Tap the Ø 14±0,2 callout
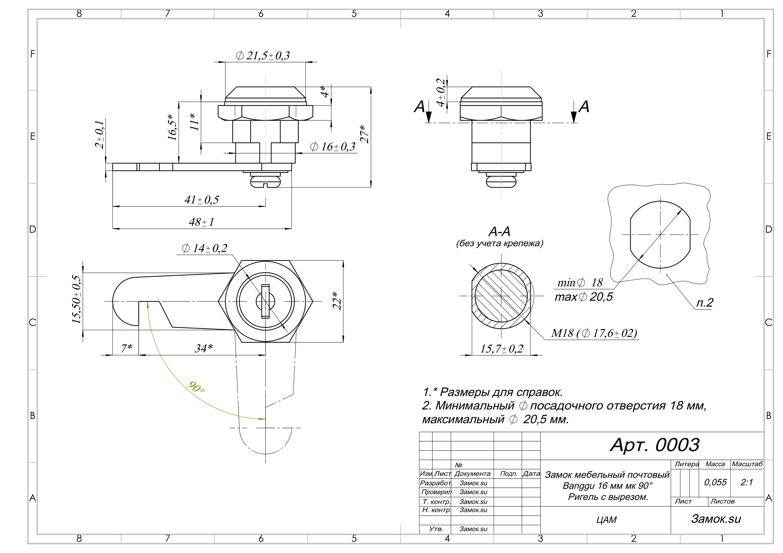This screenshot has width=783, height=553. [x=204, y=248]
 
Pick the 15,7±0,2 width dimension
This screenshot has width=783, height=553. [x=501, y=349]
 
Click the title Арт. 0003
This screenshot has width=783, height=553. [x=654, y=445]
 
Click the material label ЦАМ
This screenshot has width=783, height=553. [x=606, y=520]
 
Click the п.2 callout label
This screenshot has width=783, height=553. [x=705, y=303]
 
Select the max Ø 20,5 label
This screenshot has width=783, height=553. [x=583, y=297]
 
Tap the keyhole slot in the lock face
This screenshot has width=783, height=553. [x=265, y=301]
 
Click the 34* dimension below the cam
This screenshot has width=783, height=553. [x=204, y=348]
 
